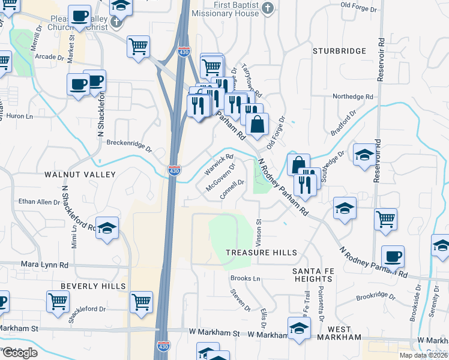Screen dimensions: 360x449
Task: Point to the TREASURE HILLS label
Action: [x=261, y=253]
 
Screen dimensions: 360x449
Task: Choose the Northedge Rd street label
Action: [x=353, y=97]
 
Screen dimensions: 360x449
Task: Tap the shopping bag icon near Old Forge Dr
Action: [x=257, y=124]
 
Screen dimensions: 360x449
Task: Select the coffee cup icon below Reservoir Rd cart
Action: [x=393, y=256]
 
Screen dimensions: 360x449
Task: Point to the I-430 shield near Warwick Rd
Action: [x=173, y=171]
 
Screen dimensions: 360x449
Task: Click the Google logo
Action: [x=19, y=353]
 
